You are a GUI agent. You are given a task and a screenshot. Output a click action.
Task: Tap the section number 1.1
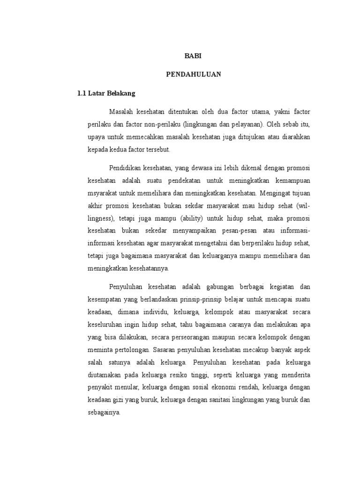coord(82,93)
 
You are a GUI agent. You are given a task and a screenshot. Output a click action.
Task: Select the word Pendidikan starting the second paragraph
coord(125,168)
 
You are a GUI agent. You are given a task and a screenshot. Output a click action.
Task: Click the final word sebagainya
coord(104,412)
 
